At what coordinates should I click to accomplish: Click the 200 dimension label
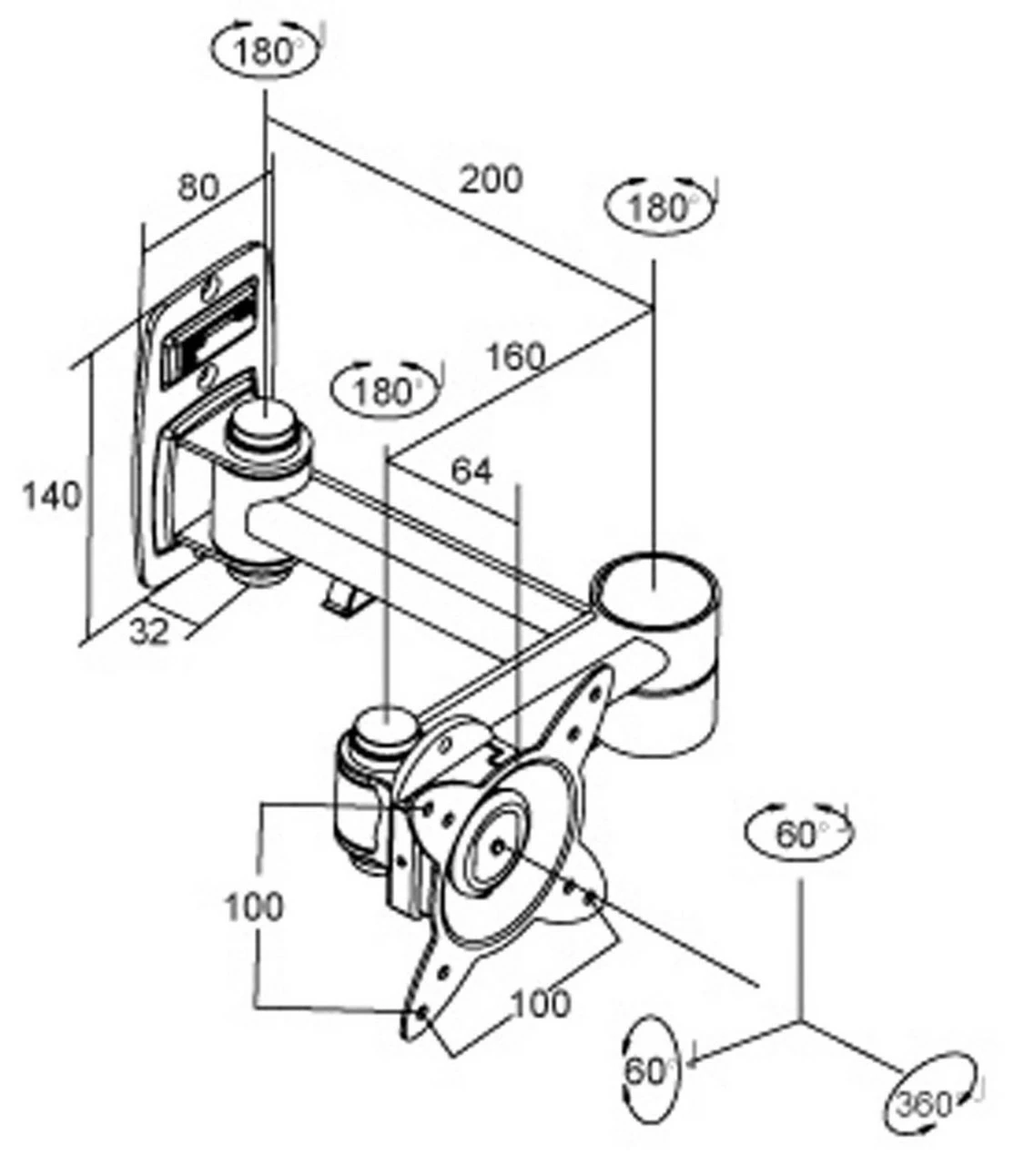click(491, 178)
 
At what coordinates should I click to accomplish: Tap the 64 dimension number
click(472, 471)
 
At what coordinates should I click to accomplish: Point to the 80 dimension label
click(198, 187)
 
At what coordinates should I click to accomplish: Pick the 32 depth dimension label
click(148, 632)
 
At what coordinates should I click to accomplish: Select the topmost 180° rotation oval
click(266, 52)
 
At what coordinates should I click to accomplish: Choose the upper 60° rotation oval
click(799, 834)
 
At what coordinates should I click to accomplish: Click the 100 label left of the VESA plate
click(254, 907)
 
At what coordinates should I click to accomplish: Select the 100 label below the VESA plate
click(540, 1004)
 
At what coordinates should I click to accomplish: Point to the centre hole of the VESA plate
click(500, 846)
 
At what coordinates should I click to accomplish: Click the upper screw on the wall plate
click(212, 290)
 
